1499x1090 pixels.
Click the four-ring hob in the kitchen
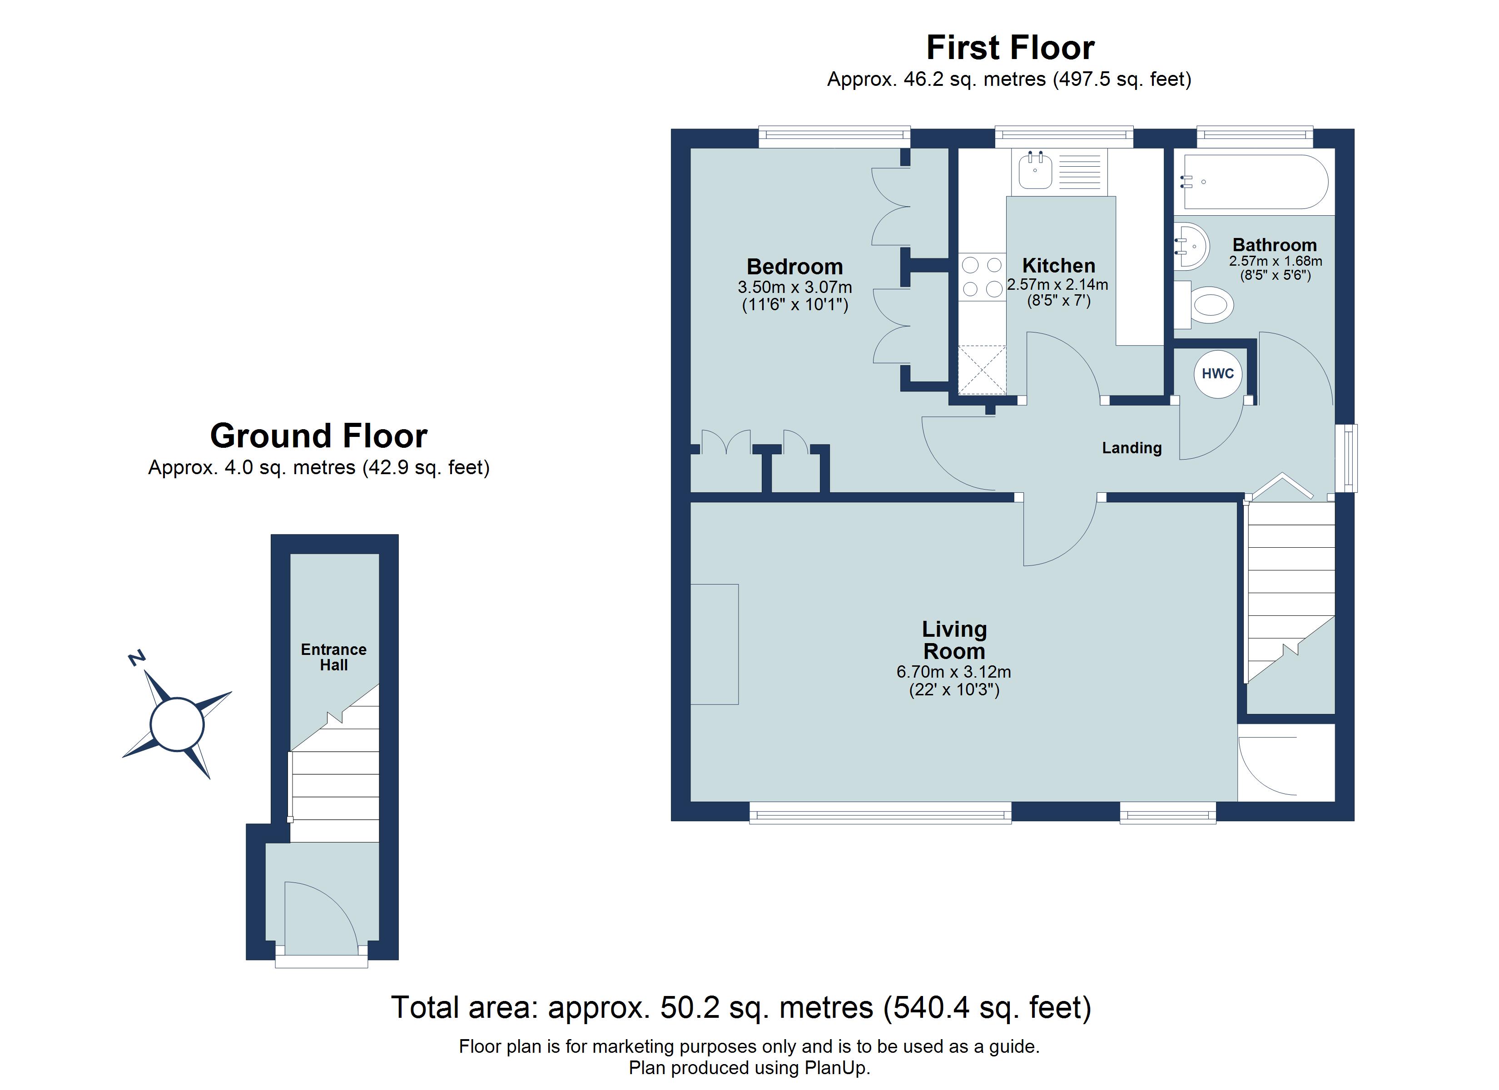pos(982,277)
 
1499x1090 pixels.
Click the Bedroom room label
pos(794,267)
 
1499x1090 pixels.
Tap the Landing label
pos(1132,448)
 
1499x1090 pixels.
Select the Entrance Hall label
pos(334,657)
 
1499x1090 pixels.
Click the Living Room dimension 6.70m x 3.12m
pos(954,672)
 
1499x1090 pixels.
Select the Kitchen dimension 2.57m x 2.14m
pos(1057,285)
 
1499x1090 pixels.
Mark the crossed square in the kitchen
pos(982,370)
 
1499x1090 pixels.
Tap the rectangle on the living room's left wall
pos(715,644)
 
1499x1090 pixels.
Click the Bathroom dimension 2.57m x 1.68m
pos(1276,262)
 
